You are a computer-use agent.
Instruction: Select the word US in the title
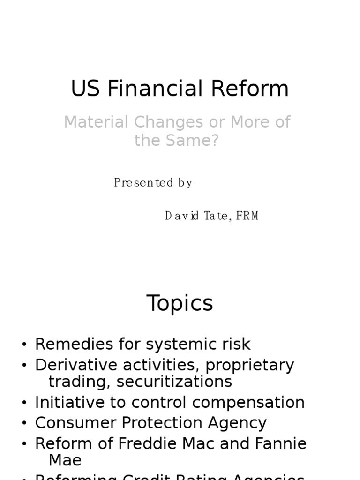pyautogui.click(x=85, y=89)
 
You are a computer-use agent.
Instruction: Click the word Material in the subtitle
pyautogui.click(x=95, y=122)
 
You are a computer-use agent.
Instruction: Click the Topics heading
pyautogui.click(x=180, y=303)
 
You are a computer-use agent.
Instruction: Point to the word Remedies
pyautogui.click(x=74, y=344)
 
